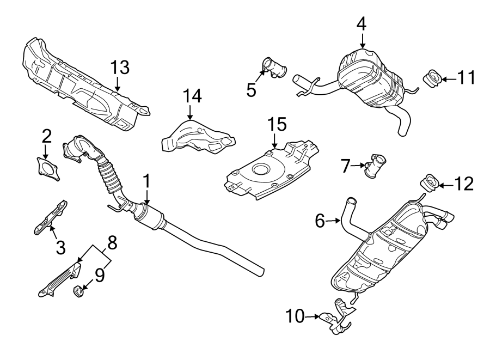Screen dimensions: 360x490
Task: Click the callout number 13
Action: pyautogui.click(x=120, y=68)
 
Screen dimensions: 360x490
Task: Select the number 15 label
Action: pyautogui.click(x=276, y=125)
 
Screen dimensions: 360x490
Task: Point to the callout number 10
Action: pyautogui.click(x=297, y=316)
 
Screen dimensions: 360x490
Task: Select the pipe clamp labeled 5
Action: pyautogui.click(x=271, y=68)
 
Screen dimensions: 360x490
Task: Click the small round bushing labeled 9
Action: pyautogui.click(x=78, y=291)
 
